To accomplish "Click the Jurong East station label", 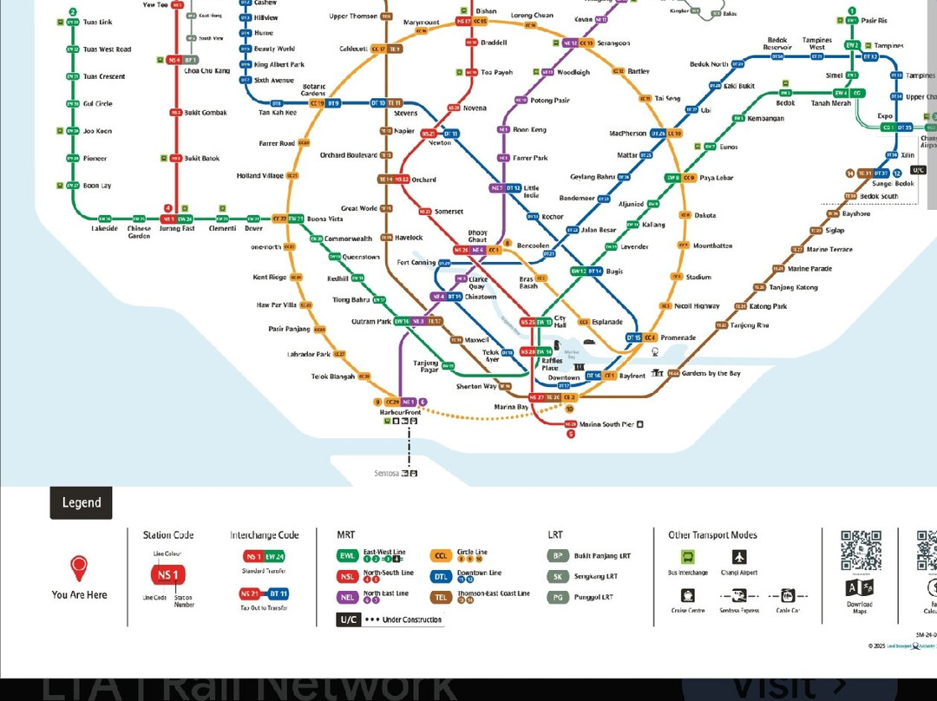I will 177,229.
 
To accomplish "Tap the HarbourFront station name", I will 400,412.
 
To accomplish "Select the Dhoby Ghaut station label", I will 478,236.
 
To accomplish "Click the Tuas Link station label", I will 98,22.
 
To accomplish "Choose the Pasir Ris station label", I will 875,20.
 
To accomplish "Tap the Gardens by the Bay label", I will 711,373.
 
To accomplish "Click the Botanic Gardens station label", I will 313,90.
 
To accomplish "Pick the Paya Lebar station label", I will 717,178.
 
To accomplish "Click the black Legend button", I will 81,502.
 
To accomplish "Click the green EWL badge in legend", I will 348,556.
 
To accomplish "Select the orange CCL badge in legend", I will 441,556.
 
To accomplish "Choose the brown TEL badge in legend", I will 441,597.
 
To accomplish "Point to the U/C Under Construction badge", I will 348,619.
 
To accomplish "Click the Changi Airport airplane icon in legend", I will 739,558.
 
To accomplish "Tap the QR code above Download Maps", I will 861,551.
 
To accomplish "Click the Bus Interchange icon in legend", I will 688,558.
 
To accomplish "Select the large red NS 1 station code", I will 167,575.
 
